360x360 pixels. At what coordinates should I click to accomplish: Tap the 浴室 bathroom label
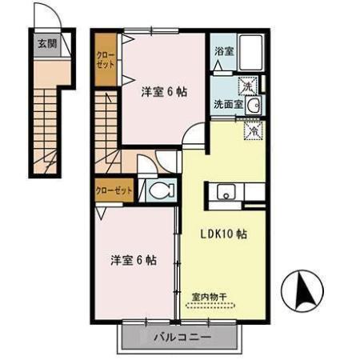pos(224,50)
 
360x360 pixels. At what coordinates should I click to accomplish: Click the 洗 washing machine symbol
pos(248,85)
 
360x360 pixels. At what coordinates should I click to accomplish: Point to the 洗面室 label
pos(227,104)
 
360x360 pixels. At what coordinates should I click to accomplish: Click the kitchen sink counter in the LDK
pos(238,193)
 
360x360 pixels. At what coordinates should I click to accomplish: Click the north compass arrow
pos(306,292)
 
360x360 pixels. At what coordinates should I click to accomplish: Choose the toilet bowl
pos(159,190)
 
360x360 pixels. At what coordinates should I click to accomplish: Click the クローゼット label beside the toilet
pos(112,190)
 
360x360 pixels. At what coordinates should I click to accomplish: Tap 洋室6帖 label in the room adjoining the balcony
pos(133,260)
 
